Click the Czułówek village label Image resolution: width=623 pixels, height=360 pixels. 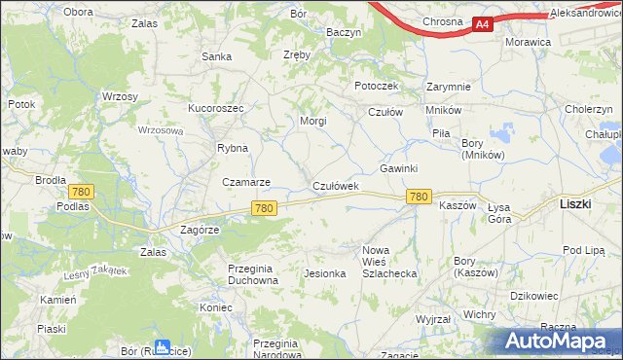point(336,185)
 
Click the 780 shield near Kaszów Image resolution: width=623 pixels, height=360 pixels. point(419,197)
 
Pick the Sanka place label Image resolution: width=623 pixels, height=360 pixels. point(216,56)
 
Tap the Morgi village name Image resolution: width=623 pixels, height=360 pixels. point(312,122)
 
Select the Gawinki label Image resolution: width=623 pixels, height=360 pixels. point(398,168)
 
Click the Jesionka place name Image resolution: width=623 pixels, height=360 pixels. point(325,273)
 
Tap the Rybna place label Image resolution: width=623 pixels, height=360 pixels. point(233,148)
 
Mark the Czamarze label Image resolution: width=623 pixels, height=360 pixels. point(246,182)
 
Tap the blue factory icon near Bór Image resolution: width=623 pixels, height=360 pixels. point(163,346)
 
